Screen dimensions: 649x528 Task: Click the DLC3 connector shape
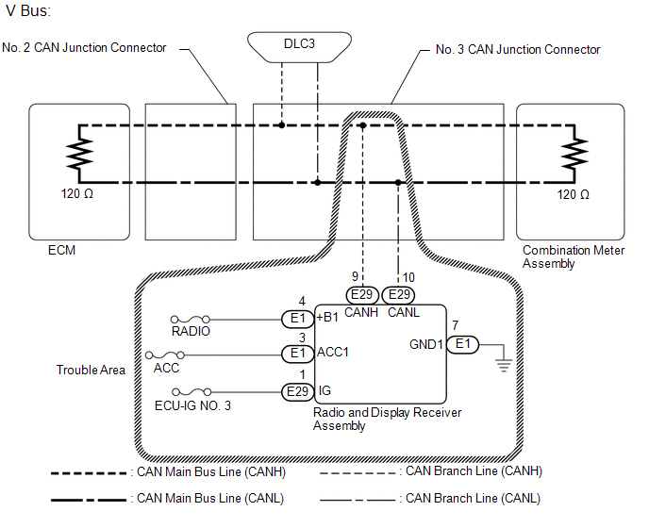coord(299,47)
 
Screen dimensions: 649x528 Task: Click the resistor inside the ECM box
coord(79,154)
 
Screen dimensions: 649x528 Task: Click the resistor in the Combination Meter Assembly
coord(574,154)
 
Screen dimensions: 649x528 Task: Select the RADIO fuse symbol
coord(191,320)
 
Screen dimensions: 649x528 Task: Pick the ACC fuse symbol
coord(165,355)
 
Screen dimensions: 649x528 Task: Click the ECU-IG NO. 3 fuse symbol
coord(191,392)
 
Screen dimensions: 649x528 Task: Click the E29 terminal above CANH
coord(362,295)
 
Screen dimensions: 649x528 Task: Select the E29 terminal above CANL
coord(399,295)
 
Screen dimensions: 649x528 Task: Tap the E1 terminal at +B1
coord(297,319)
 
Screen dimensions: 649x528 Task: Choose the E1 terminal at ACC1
coord(297,354)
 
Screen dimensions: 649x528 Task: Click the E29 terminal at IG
coord(297,392)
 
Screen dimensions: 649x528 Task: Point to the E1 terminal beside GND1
coord(462,344)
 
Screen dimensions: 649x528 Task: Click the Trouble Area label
coord(91,370)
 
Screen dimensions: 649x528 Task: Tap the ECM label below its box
coord(61,251)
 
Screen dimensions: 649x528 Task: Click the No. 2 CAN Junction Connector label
coord(84,47)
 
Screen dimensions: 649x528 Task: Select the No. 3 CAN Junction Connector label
coord(518,50)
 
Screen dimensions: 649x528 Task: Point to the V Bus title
coord(28,10)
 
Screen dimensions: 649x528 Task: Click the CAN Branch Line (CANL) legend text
coord(474,499)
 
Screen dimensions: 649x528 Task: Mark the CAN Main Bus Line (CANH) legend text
coord(211,472)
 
